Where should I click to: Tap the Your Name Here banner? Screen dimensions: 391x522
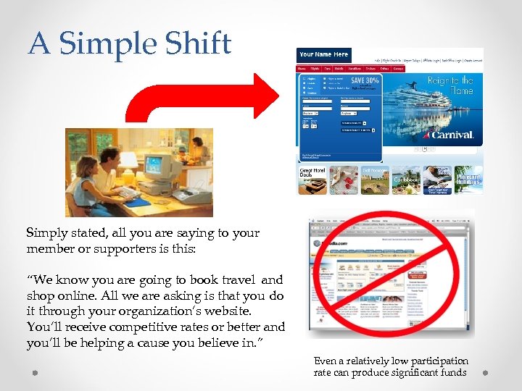[x=323, y=54]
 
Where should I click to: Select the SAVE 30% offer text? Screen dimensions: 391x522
[x=365, y=80]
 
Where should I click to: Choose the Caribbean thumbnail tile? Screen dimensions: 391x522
[x=406, y=180]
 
